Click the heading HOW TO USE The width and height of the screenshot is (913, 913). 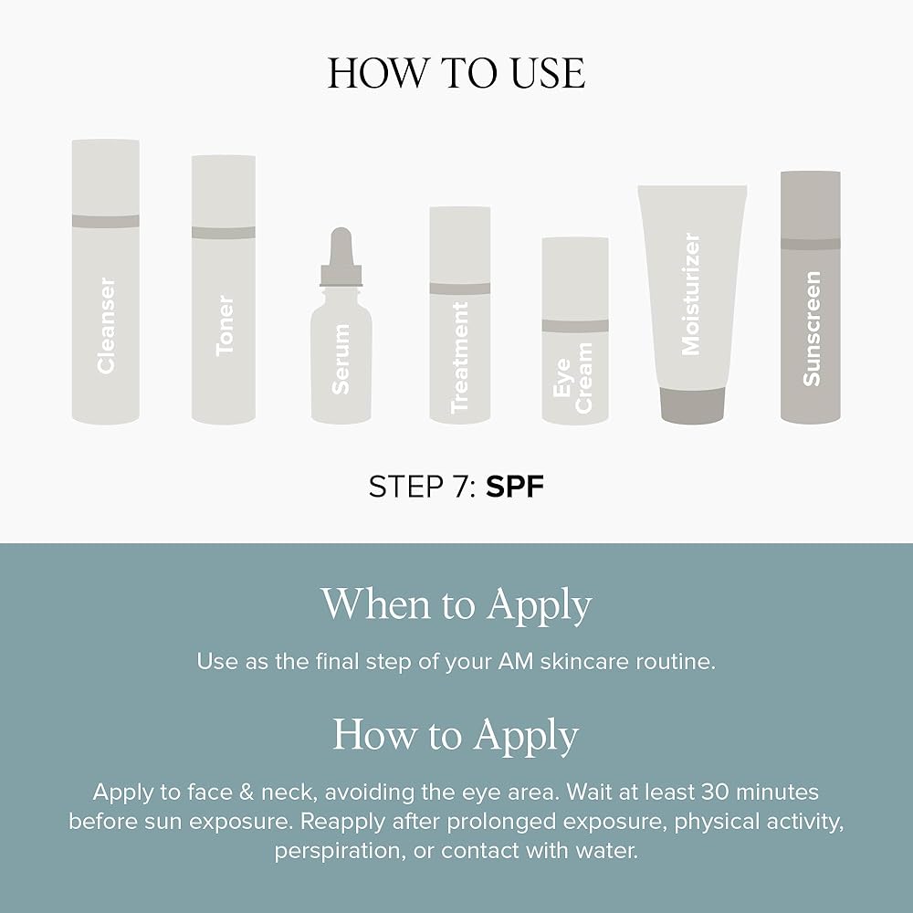click(x=456, y=73)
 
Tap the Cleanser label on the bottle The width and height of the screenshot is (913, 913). click(x=106, y=325)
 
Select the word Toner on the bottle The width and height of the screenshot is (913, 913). click(x=225, y=325)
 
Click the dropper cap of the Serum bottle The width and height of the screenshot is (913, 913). click(x=341, y=257)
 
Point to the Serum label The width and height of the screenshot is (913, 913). click(x=341, y=359)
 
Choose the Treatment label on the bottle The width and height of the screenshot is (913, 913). click(x=459, y=358)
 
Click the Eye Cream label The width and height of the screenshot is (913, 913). click(x=572, y=378)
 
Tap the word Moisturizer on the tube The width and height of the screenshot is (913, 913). click(x=691, y=294)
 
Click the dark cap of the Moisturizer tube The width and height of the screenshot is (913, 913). click(x=692, y=405)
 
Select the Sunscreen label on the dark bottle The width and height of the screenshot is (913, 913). click(x=811, y=329)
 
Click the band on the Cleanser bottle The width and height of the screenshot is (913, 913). click(x=105, y=221)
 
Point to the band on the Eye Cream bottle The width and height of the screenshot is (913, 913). click(x=575, y=326)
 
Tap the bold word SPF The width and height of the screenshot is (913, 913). click(x=515, y=487)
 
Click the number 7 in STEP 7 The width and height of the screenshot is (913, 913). click(x=459, y=487)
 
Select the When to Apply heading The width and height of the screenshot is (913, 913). click(x=456, y=605)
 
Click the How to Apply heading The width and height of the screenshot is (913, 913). click(x=456, y=735)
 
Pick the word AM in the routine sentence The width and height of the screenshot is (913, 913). click(x=516, y=661)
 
